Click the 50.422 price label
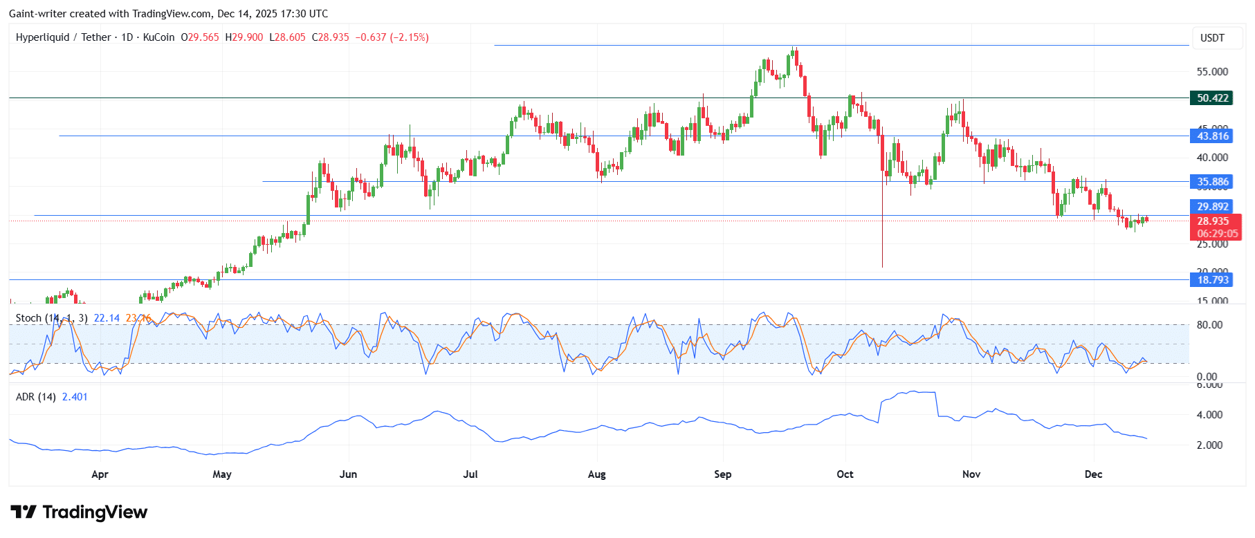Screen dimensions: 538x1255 click(x=1213, y=98)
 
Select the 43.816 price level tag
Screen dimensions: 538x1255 click(x=1213, y=136)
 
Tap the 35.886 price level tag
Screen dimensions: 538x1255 click(x=1213, y=182)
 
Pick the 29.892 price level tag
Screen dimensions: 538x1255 click(x=1213, y=207)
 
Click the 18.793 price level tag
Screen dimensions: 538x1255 click(x=1213, y=280)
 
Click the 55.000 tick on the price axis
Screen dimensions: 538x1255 click(x=1212, y=72)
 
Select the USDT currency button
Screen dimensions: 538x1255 click(x=1212, y=38)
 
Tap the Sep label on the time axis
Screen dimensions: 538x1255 click(x=722, y=474)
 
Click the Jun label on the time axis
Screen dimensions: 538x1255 click(x=348, y=474)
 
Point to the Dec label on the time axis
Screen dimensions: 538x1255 click(x=1093, y=474)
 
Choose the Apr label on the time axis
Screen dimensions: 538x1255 click(x=100, y=474)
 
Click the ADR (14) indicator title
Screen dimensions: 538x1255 click(x=36, y=397)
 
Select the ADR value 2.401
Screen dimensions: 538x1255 click(x=75, y=397)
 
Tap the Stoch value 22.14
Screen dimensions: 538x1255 click(x=107, y=318)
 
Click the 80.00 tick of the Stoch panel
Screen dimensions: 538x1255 click(x=1209, y=325)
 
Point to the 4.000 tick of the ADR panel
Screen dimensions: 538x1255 click(x=1209, y=415)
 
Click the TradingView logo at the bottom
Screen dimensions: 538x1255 click(x=79, y=512)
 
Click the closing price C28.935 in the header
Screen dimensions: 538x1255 click(x=331, y=37)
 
